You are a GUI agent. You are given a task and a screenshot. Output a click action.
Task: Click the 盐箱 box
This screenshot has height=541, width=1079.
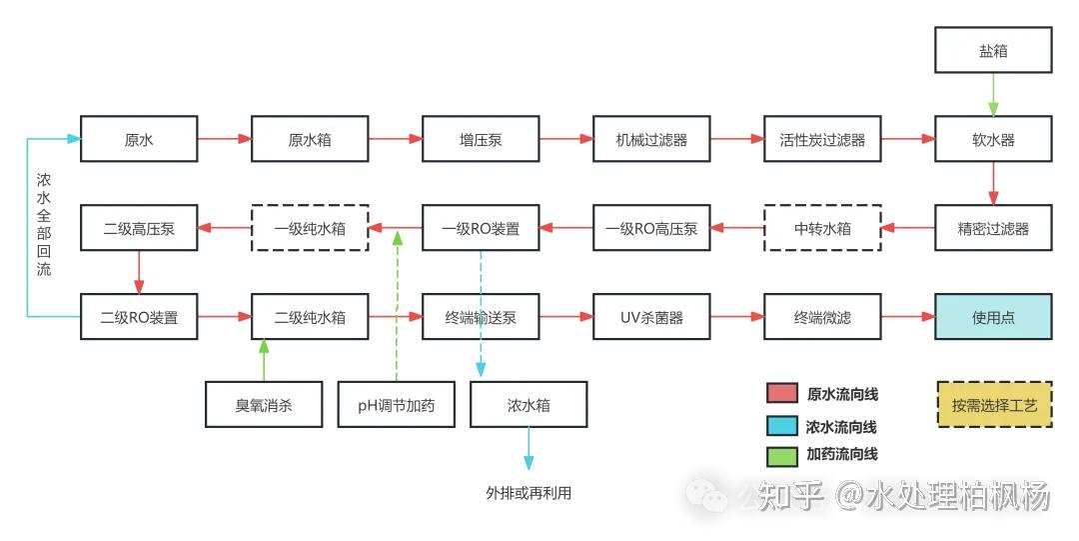coord(993,50)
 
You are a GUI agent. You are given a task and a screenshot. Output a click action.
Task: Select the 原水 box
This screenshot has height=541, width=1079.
coord(139,139)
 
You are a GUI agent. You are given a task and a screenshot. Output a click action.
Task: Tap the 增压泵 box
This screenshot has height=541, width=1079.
coord(481,139)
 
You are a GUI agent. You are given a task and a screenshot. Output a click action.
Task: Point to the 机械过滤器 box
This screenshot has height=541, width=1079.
coord(651,139)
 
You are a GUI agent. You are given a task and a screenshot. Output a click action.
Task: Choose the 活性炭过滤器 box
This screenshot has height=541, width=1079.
coord(822,139)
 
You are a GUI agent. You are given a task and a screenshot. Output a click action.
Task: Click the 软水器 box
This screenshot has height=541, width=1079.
coord(993,139)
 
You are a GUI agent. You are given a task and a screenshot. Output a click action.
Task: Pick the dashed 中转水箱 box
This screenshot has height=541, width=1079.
coord(822,228)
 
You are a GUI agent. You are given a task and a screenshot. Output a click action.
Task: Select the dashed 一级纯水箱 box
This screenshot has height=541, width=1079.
coord(310,228)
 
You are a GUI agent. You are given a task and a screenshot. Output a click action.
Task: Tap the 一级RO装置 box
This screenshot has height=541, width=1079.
coord(481,228)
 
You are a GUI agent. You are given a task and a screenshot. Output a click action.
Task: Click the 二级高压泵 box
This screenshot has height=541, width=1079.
coord(139,228)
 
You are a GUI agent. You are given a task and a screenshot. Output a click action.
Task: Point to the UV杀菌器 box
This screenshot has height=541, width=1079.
coord(651,317)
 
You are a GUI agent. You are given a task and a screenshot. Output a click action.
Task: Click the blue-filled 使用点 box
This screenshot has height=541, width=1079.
coord(993,317)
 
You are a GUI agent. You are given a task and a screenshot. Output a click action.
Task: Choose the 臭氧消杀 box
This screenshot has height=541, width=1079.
coord(264,405)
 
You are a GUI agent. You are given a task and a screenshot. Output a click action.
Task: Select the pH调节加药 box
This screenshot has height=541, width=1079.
coord(397,405)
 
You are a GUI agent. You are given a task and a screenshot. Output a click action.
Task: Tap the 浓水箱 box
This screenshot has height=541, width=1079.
coord(529,405)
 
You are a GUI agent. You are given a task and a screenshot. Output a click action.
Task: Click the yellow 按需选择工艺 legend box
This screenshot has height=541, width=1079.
coord(994,405)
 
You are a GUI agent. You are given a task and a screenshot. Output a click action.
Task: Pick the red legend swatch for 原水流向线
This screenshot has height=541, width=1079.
coord(781,394)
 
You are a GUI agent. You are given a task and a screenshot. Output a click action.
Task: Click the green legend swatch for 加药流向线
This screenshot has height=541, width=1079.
coord(781,455)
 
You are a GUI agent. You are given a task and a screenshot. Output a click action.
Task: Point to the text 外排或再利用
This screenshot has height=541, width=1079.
coord(529,493)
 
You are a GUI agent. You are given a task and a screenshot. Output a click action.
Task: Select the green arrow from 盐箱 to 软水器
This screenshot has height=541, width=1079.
coord(993,95)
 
